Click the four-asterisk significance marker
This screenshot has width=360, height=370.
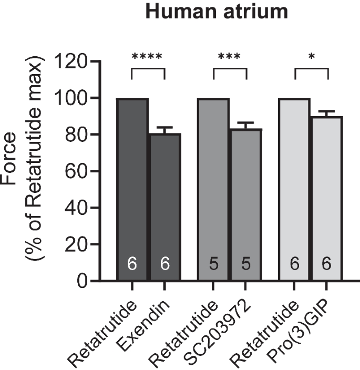click(148, 56)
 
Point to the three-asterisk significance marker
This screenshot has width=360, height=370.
click(230, 56)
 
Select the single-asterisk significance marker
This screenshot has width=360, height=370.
click(311, 56)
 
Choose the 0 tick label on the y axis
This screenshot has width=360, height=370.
click(82, 281)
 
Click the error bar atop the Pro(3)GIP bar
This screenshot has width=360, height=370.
click(327, 114)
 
